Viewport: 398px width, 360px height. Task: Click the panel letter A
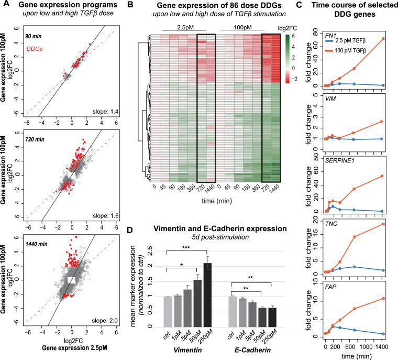4,5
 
